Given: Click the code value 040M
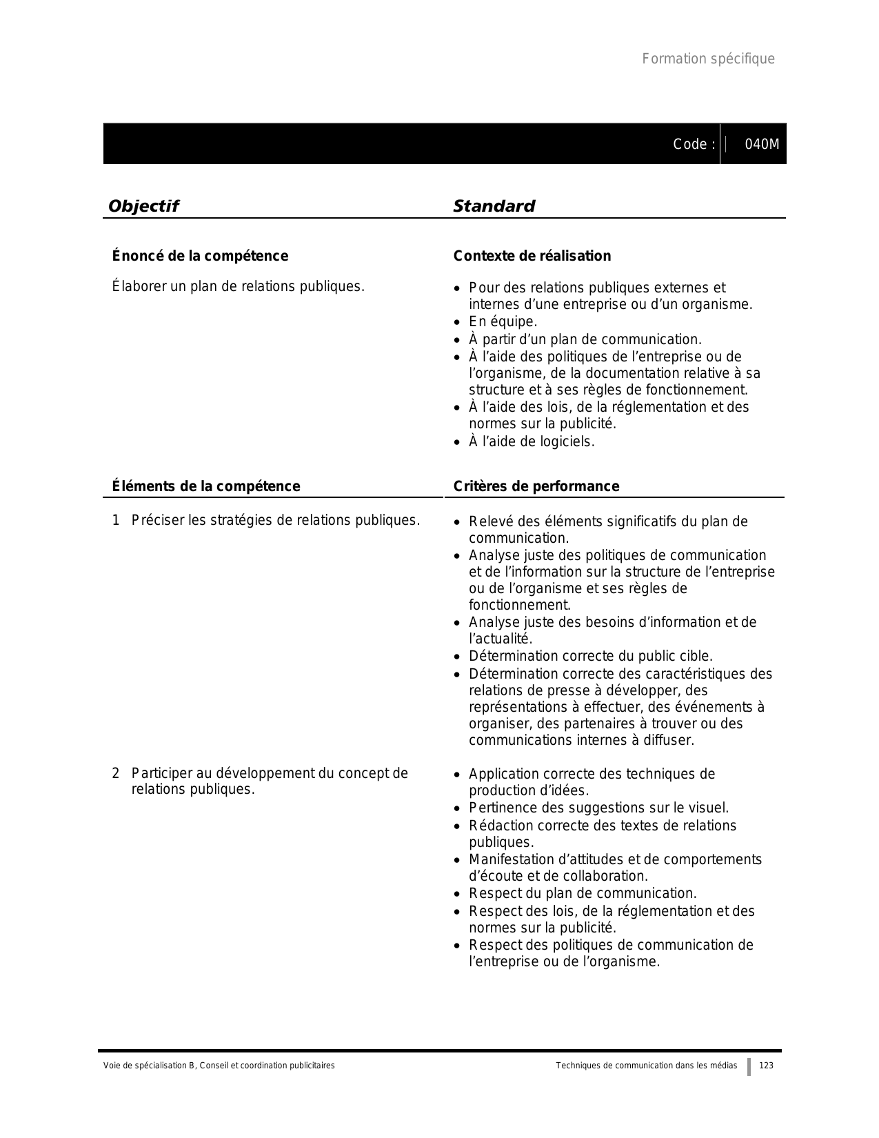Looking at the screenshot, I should tap(762, 145).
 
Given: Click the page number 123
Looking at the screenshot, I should tap(766, 1066).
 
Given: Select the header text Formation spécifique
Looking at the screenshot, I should tap(708, 59).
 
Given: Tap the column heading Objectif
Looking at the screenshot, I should tap(143, 206).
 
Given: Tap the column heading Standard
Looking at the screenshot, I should tap(494, 206).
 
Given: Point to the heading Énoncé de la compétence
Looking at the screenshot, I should tap(200, 256).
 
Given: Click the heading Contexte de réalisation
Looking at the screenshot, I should tap(532, 256).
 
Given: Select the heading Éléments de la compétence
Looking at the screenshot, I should tap(206, 486).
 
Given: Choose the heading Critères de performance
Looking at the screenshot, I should tap(536, 486).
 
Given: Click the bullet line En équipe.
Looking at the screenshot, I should tap(503, 322).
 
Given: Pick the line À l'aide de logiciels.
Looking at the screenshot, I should tap(531, 441).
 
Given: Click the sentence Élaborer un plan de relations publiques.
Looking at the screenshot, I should tap(238, 286).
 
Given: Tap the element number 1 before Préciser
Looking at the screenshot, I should tap(116, 520).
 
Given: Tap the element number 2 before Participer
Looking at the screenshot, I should tap(116, 773).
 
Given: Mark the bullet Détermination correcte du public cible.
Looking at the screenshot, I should tap(590, 656).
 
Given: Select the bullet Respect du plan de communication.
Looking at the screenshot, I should tap(583, 893).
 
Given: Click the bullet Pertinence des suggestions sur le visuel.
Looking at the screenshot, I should tap(598, 808).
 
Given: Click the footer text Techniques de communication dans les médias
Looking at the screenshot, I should tap(646, 1066).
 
